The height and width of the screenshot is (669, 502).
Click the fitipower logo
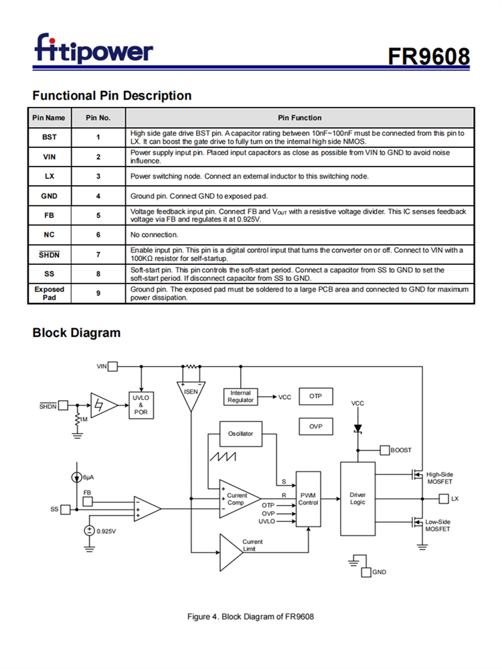point(94,50)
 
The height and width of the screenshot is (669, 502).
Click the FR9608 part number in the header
point(428,56)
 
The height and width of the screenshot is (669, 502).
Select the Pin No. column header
point(98,118)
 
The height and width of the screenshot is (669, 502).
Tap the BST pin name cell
point(50,137)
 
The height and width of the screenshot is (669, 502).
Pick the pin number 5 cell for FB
point(98,215)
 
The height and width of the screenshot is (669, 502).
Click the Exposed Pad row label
point(50,294)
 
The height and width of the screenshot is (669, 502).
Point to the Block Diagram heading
point(76,332)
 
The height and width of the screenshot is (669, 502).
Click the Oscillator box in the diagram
point(240,434)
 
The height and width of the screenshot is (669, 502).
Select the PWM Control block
point(308,499)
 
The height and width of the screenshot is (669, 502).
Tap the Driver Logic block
point(357,498)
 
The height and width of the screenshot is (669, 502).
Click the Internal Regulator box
point(240,397)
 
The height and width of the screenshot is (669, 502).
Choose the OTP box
point(315,397)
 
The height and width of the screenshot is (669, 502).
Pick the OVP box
point(315,426)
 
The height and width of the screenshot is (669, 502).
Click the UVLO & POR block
point(141,404)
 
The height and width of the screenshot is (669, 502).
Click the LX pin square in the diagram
point(443,499)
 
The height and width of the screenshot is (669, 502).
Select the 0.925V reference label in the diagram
point(106,531)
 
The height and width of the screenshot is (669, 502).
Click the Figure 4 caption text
point(250,616)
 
